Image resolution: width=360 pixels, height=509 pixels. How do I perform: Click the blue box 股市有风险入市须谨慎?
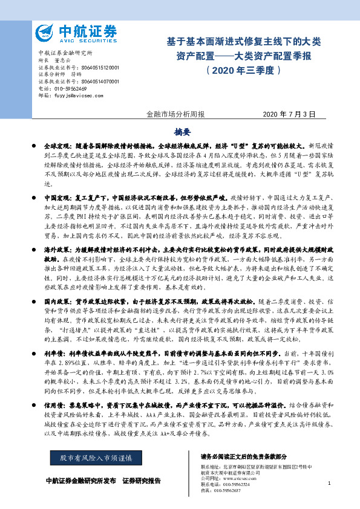96,459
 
